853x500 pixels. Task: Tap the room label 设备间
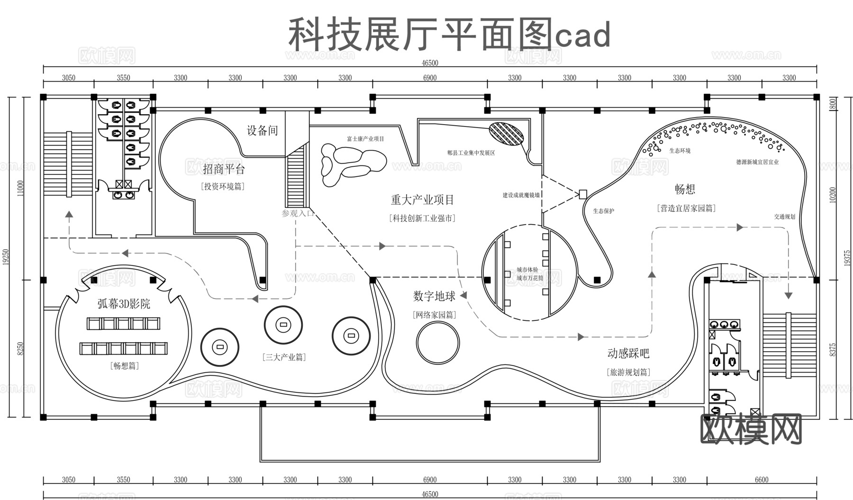[262, 130]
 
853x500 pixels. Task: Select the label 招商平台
[224, 169]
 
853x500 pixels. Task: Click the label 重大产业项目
[422, 200]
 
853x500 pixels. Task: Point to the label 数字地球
[434, 297]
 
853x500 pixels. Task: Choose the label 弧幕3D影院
[124, 304]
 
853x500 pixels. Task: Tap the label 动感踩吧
[628, 354]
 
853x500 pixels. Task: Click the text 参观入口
[298, 213]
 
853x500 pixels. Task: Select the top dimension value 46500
[430, 63]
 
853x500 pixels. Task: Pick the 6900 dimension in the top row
[430, 78]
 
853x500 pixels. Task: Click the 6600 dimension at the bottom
[762, 480]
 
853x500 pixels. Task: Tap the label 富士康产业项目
[365, 139]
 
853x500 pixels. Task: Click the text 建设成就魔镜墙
[521, 195]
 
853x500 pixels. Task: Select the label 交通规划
[785, 217]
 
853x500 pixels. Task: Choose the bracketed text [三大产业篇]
[284, 357]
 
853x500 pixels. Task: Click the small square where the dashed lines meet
[583, 194]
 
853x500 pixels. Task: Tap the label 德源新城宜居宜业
[757, 162]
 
